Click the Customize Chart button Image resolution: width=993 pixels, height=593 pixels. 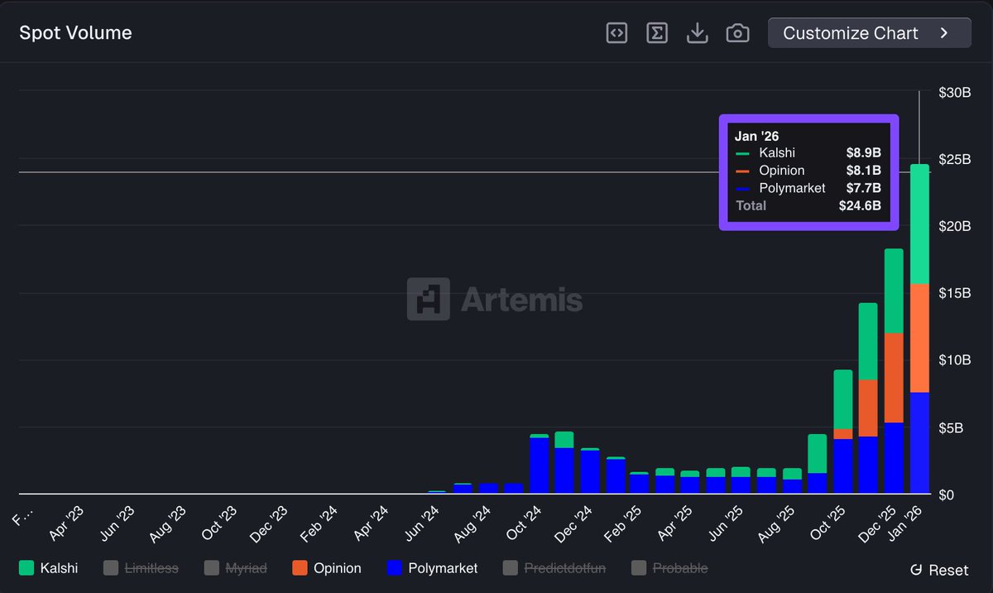point(869,33)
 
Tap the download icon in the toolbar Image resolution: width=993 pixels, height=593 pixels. point(698,33)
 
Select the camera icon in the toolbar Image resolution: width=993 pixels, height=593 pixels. point(737,33)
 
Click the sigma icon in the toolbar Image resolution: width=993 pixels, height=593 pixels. point(657,33)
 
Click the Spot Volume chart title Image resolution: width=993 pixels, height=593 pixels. point(75,33)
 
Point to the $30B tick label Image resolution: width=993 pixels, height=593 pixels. point(954,93)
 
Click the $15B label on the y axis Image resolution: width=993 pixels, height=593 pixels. point(954,293)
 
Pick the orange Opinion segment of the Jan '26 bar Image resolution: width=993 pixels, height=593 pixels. point(919,338)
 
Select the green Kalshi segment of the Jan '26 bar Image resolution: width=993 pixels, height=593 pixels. point(919,224)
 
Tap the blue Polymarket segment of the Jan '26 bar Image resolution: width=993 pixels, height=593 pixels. point(919,443)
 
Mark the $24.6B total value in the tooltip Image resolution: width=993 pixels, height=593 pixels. point(860,205)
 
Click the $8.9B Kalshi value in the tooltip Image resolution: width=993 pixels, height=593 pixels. point(863,152)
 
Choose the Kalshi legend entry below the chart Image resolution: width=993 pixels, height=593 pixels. point(49,568)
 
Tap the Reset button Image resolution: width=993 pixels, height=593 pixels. point(939,570)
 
